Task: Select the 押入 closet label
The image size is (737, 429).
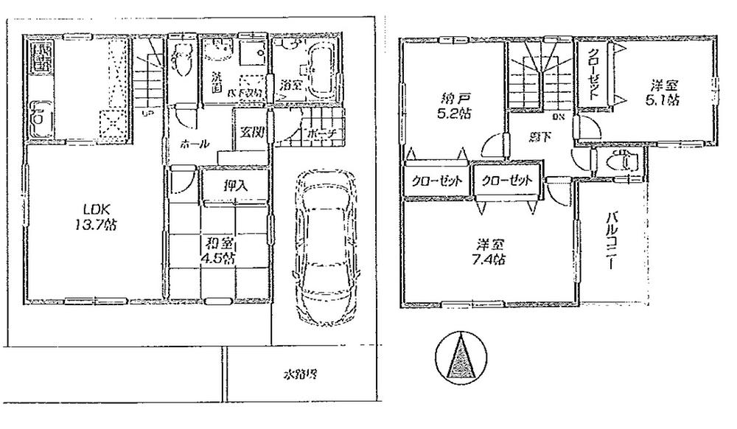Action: (236, 186)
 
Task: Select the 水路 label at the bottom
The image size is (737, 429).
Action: (301, 374)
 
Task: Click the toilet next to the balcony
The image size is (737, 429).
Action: (622, 160)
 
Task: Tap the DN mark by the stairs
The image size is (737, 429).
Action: (559, 115)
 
